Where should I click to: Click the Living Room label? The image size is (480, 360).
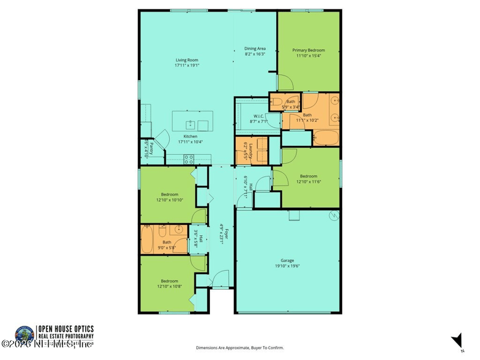[x=187, y=60]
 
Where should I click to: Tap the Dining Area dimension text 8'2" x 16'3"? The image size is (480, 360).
[x=255, y=54]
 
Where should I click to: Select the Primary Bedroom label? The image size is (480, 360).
[x=308, y=50]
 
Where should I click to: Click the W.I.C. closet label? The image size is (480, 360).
[x=259, y=116]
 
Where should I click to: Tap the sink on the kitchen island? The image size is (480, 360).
[x=189, y=124]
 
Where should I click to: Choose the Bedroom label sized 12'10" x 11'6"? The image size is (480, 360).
[x=308, y=176]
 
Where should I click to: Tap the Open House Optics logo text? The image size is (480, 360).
[x=66, y=329]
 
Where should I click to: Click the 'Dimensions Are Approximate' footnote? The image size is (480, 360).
[x=240, y=347]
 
